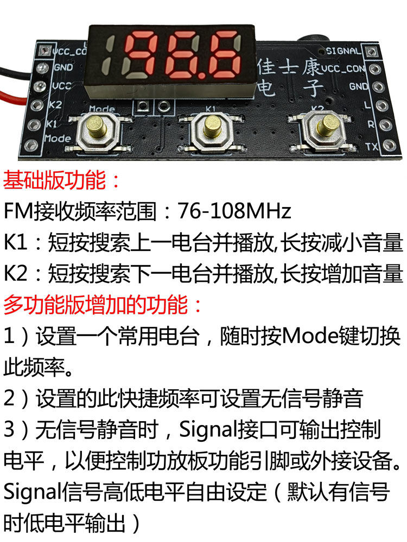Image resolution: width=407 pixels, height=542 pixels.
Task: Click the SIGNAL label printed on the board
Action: (343, 51)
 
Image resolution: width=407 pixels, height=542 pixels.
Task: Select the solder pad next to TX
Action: (389, 146)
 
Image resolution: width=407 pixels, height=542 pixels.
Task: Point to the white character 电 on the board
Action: (266, 86)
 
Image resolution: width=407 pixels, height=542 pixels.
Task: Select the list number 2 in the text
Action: (10, 399)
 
